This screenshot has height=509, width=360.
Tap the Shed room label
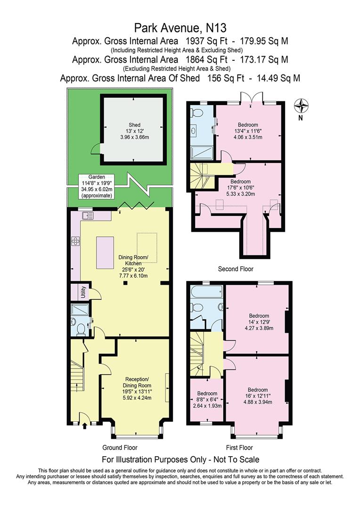click(x=134, y=131)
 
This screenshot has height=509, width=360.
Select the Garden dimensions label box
click(x=97, y=186)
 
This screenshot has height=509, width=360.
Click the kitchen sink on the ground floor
click(x=88, y=215)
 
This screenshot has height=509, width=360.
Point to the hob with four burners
click(x=76, y=240)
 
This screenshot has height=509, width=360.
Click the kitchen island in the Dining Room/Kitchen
click(x=105, y=253)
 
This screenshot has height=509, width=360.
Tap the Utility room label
click(x=83, y=292)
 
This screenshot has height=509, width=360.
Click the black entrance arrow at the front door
click(x=85, y=426)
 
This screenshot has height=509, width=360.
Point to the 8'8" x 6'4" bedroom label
click(x=207, y=400)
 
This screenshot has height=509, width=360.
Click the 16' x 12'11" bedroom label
click(x=258, y=396)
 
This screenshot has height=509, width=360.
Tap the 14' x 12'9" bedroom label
click(x=259, y=322)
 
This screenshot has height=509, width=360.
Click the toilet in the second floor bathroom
click(x=197, y=113)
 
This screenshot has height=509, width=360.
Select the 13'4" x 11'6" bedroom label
click(x=248, y=131)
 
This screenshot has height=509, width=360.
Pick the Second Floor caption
click(x=236, y=269)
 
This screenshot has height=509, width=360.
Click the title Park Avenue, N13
click(x=180, y=28)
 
